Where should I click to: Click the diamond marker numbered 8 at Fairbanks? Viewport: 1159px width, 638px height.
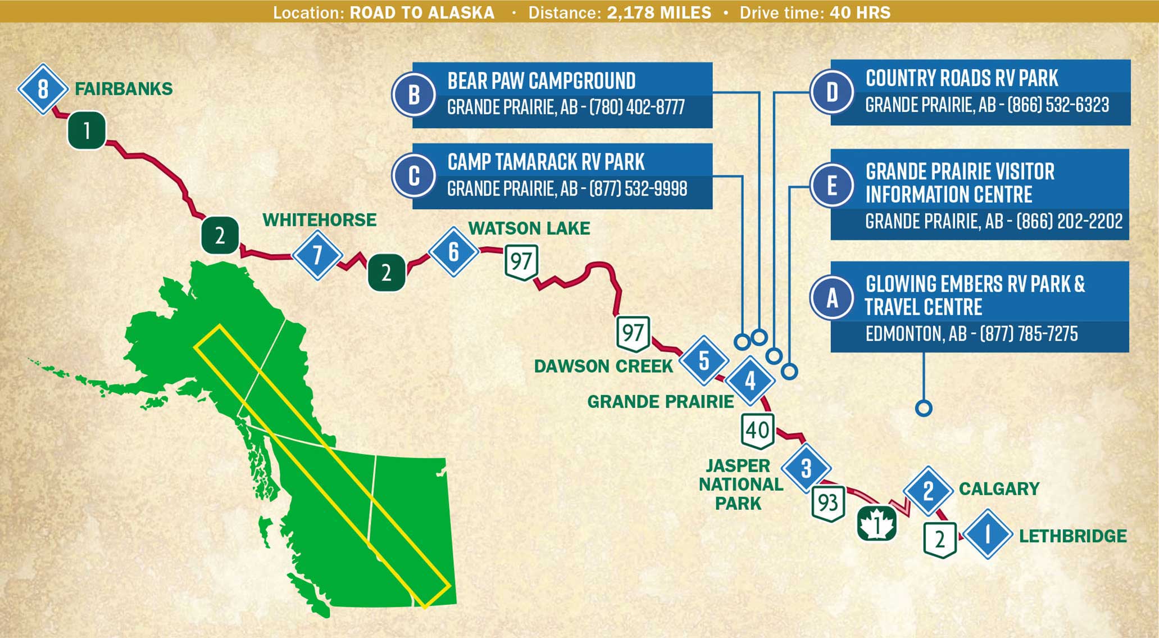click(43, 89)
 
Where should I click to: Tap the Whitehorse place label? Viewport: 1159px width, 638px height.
click(319, 220)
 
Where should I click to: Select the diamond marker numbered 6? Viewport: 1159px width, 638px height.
click(453, 252)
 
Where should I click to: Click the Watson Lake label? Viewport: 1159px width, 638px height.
click(529, 228)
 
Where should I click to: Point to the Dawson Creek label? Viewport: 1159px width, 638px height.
click(603, 366)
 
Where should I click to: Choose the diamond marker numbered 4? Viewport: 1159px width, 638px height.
click(750, 381)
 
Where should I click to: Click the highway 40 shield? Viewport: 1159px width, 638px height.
click(757, 431)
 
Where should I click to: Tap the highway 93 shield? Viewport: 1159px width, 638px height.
click(828, 503)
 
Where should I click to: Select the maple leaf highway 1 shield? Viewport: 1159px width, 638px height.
click(876, 523)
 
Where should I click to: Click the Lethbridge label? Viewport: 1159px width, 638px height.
click(1072, 536)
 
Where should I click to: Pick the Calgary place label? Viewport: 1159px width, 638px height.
click(999, 489)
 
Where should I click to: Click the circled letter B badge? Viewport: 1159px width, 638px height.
click(414, 95)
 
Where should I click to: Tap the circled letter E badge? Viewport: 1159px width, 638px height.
click(832, 185)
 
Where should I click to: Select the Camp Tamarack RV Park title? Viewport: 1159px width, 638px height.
click(546, 162)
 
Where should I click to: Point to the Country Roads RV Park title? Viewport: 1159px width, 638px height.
click(961, 79)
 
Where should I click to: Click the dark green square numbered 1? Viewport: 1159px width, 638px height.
click(87, 130)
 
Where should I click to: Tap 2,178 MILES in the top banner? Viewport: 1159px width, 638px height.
click(659, 12)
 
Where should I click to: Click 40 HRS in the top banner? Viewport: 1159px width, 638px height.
click(860, 12)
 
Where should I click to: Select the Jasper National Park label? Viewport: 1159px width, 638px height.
click(740, 484)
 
